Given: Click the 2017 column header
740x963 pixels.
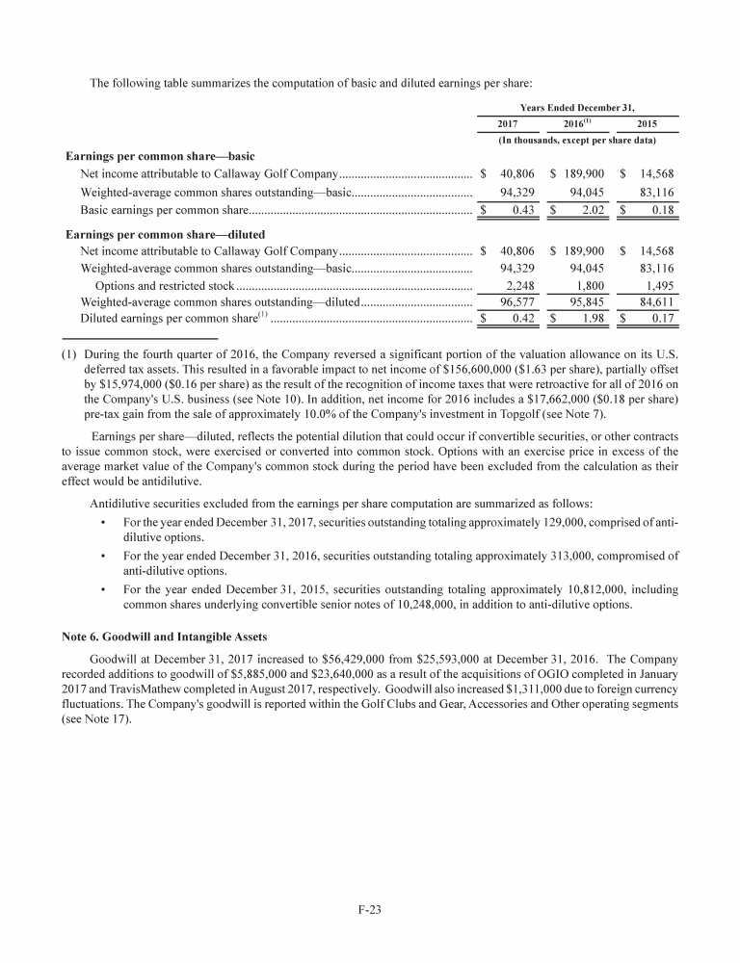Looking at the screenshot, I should (507, 124).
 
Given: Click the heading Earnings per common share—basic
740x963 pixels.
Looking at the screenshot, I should (159, 156).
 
